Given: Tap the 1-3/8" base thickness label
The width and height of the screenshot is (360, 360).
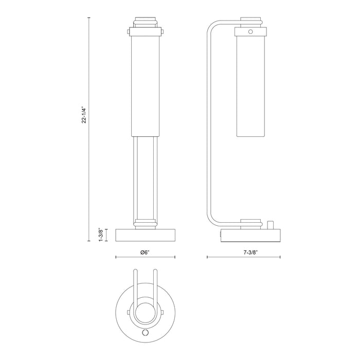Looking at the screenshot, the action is pos(101,235).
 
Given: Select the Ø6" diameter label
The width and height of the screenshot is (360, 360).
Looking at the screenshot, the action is pos(145,253).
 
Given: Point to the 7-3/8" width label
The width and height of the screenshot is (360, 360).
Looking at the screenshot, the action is pos(251,253).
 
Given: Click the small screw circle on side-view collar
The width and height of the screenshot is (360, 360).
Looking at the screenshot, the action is pos(250,31).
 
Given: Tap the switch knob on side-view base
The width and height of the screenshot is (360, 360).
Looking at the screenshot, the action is pos(270,225).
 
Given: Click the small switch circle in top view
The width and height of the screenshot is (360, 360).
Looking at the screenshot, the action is pos(146,332).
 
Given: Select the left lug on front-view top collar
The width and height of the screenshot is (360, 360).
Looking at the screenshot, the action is pos(129,31).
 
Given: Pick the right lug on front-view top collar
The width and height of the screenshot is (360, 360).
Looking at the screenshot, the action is pos(162,31).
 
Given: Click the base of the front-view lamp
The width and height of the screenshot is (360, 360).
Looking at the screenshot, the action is pos(146,235).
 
